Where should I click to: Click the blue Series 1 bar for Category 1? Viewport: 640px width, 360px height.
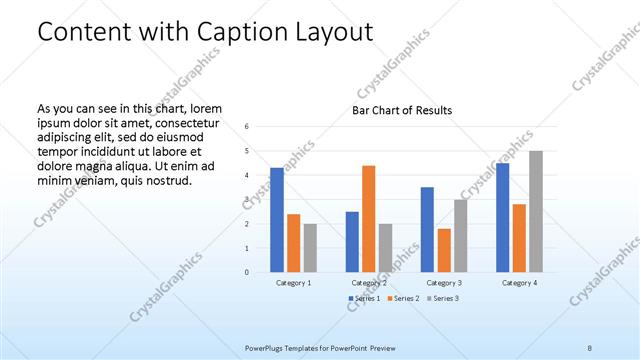pyautogui.click(x=277, y=220)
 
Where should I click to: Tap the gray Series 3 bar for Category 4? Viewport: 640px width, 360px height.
pyautogui.click(x=536, y=212)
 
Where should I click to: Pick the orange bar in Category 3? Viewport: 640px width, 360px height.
pyautogui.click(x=444, y=250)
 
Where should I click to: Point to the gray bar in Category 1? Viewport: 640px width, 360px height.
pyautogui.click(x=310, y=248)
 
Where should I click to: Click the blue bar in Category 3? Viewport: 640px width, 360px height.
pyautogui.click(x=427, y=230)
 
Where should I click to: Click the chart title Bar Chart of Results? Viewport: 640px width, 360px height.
pyautogui.click(x=402, y=110)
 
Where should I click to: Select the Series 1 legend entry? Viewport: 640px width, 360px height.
pyautogui.click(x=364, y=299)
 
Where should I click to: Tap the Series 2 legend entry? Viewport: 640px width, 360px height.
pyautogui.click(x=403, y=299)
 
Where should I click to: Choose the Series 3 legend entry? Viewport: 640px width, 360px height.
pyautogui.click(x=442, y=299)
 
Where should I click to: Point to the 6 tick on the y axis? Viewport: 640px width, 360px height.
pyautogui.click(x=246, y=127)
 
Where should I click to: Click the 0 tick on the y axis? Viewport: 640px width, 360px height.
pyautogui.click(x=246, y=272)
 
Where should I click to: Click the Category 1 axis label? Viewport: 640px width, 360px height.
pyautogui.click(x=294, y=283)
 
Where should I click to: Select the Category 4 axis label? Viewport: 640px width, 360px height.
pyautogui.click(x=519, y=283)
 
